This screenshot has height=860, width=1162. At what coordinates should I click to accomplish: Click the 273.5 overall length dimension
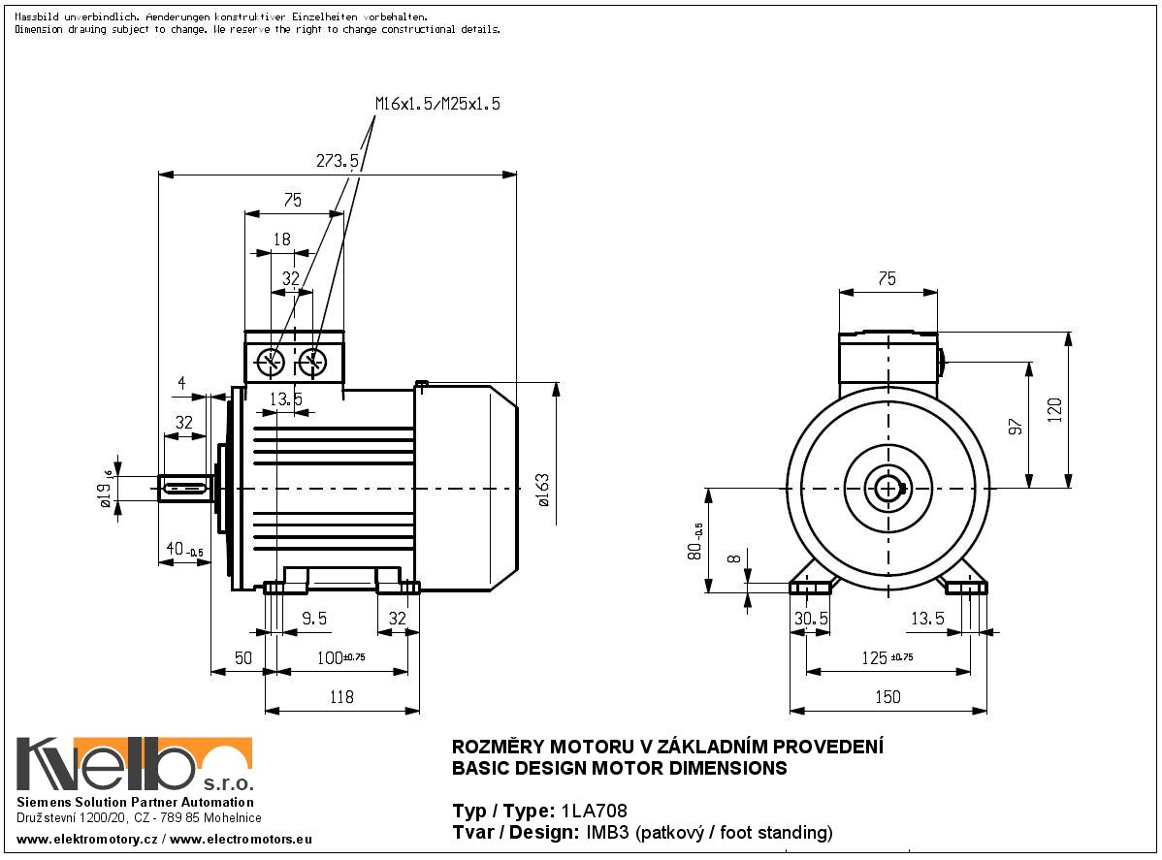338,161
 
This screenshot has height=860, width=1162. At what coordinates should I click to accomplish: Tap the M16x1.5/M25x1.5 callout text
437,105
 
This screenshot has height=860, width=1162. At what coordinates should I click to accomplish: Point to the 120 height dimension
1055,410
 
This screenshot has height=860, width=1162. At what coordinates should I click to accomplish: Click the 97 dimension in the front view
1015,427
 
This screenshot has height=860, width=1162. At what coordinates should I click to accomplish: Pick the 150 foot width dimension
888,697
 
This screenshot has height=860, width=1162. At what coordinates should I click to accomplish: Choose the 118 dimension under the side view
341,697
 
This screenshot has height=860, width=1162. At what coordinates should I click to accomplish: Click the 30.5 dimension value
811,618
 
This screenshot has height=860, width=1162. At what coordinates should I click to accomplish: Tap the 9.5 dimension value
313,618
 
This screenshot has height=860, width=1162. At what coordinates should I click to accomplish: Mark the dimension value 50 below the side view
242,657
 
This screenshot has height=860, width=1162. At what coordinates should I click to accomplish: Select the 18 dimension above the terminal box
282,239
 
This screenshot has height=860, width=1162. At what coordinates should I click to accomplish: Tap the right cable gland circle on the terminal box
312,363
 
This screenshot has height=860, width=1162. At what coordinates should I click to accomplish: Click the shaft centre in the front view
888,489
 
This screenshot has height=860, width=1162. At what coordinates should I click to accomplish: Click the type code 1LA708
587,812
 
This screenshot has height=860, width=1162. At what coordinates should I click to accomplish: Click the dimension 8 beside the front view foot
733,558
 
